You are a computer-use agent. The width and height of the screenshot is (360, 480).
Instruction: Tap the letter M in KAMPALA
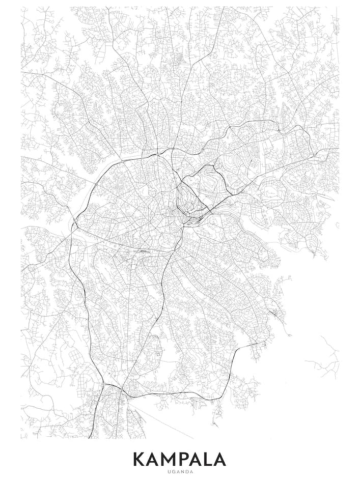coord(171,459)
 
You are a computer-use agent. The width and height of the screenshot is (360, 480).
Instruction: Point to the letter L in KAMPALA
coord(209,459)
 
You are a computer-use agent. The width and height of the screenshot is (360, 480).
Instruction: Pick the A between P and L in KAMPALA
coord(199,459)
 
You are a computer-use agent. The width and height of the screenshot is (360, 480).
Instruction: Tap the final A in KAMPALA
coord(220,459)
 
